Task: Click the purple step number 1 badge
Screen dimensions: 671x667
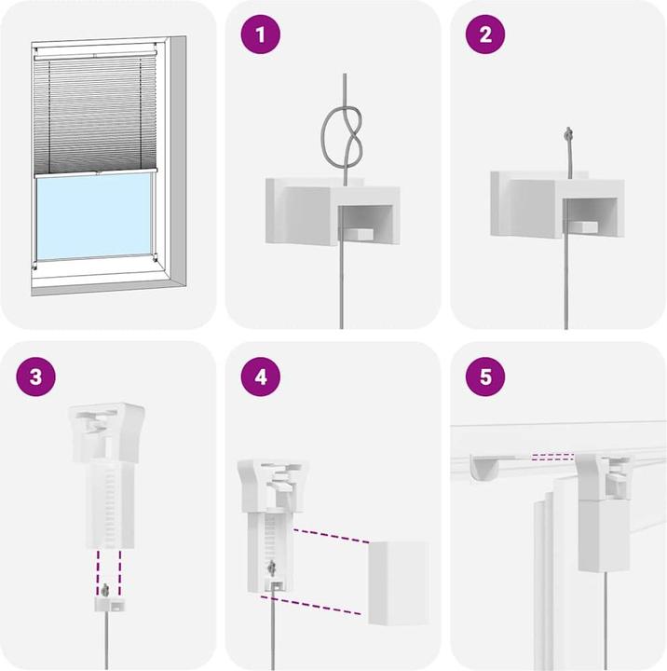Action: pyautogui.click(x=260, y=36)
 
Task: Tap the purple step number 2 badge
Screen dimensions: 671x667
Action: pyautogui.click(x=484, y=36)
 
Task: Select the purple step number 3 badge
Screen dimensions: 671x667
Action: pyautogui.click(x=36, y=377)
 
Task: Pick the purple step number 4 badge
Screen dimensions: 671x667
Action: pyautogui.click(x=260, y=377)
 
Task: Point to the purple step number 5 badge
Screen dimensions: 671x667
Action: pyautogui.click(x=484, y=377)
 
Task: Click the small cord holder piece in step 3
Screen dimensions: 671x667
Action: pyautogui.click(x=109, y=600)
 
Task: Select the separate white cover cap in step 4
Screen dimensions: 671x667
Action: pyautogui.click(x=399, y=582)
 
